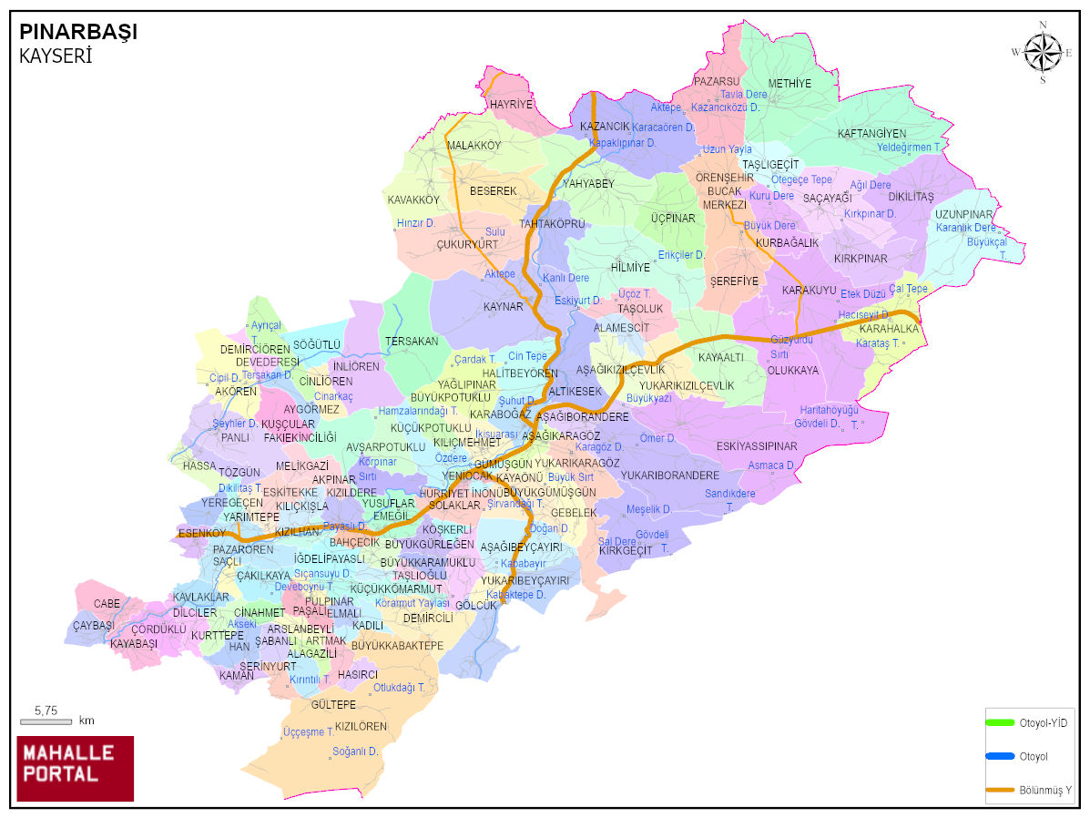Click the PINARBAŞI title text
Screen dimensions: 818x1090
point(78,32)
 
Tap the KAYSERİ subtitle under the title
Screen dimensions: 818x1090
point(56,56)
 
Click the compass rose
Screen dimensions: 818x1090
point(1043,52)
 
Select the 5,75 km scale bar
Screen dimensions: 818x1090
point(46,721)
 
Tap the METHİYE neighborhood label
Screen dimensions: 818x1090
point(789,84)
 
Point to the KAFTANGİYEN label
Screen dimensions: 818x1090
point(871,134)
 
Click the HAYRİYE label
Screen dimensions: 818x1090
point(511,105)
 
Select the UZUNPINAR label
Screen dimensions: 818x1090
point(963,214)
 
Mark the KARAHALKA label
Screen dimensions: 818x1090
point(889,329)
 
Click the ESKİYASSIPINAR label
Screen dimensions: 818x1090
point(757,446)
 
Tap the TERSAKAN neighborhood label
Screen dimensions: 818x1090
point(412,342)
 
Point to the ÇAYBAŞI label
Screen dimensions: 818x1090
point(94,626)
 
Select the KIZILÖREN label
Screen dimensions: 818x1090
point(361,727)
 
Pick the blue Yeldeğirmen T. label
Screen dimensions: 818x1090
point(909,147)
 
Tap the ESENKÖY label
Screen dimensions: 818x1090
point(201,533)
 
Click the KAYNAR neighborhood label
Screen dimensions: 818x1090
point(504,307)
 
